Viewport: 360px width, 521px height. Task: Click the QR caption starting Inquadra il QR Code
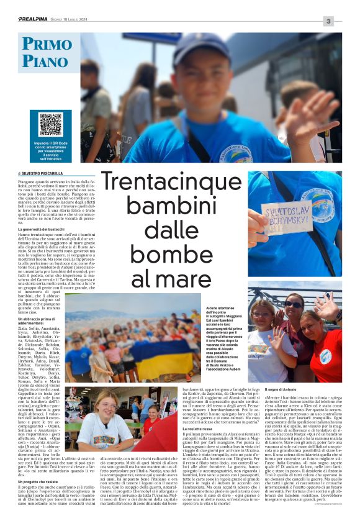click(x=51, y=149)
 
